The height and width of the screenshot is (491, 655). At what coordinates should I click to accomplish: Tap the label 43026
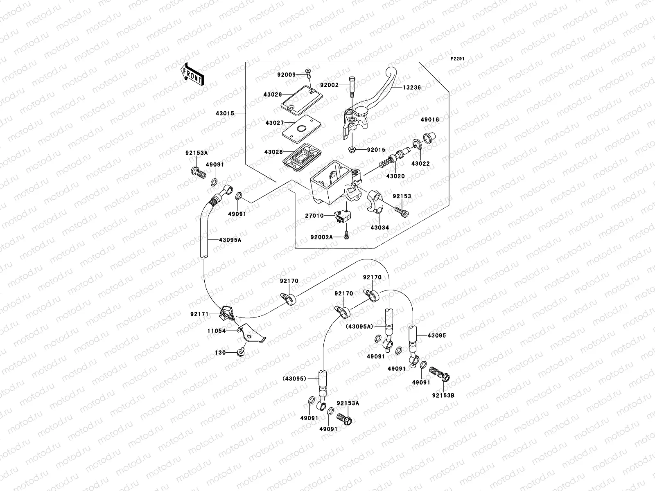click(272, 95)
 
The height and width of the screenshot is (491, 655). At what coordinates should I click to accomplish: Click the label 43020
click(395, 176)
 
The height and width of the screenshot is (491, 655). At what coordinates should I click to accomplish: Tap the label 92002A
click(321, 237)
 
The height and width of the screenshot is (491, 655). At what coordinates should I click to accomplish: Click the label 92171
click(199, 314)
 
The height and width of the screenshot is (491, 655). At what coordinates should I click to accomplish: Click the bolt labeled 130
click(241, 351)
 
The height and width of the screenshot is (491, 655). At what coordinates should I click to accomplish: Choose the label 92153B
click(443, 396)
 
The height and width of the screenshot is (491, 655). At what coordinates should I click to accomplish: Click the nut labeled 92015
click(352, 150)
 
